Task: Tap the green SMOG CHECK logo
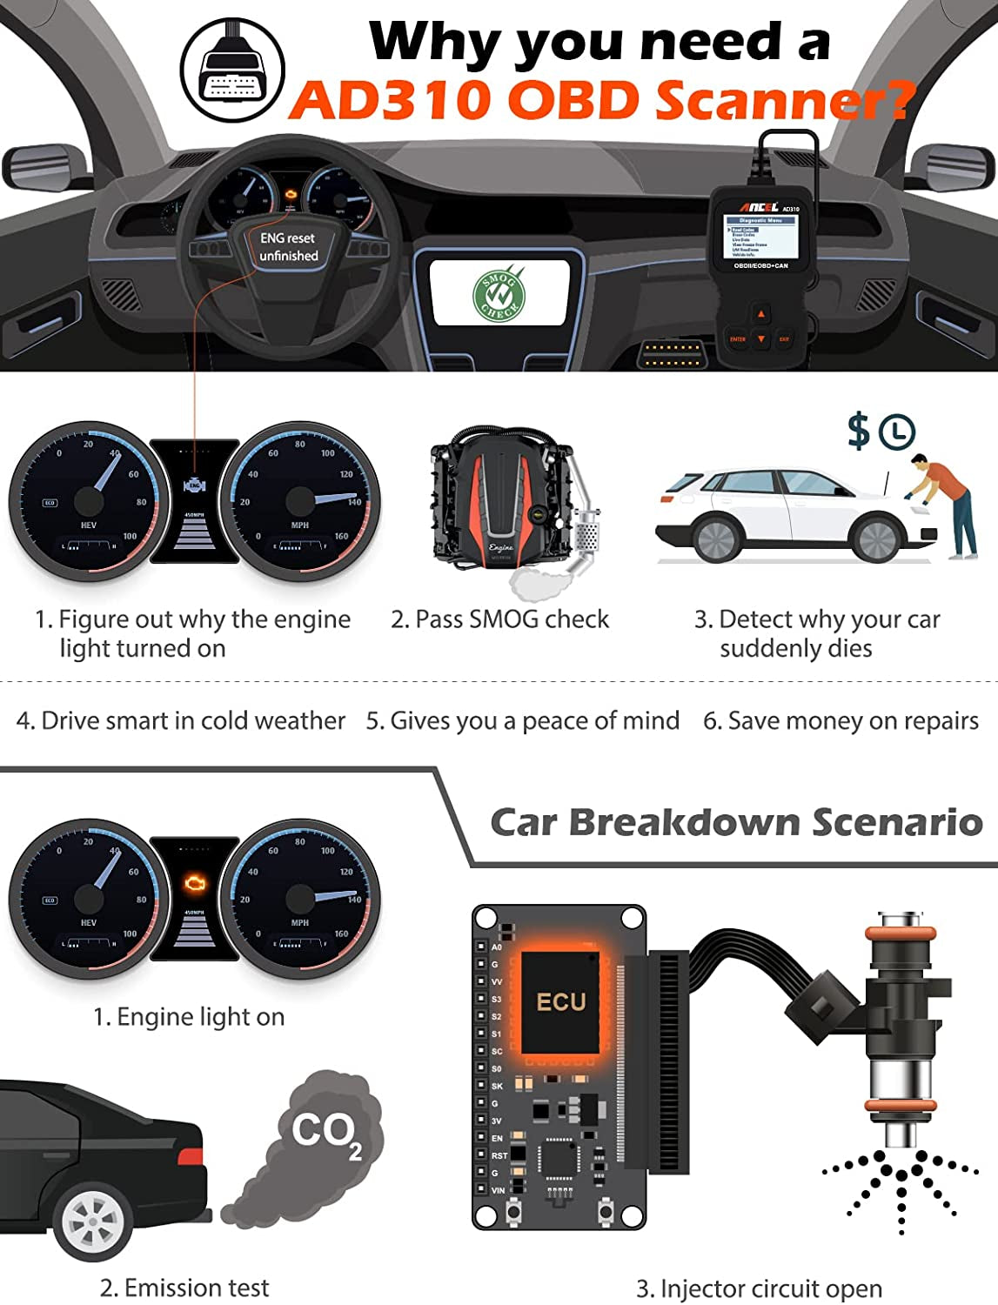coord(499,294)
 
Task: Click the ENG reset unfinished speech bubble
coord(288,246)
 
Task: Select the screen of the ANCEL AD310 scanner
coord(760,237)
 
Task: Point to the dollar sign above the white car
coord(859,431)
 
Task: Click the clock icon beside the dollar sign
coord(896,432)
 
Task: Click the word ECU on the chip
coord(561,1002)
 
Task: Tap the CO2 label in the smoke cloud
coord(326,1132)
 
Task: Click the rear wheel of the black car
coord(92,1222)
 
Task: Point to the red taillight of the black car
coord(190,1155)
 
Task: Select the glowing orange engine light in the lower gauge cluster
coord(195,884)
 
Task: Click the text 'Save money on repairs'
coord(841,721)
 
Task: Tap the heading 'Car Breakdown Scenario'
coord(736,822)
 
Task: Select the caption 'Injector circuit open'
coord(759,1288)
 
